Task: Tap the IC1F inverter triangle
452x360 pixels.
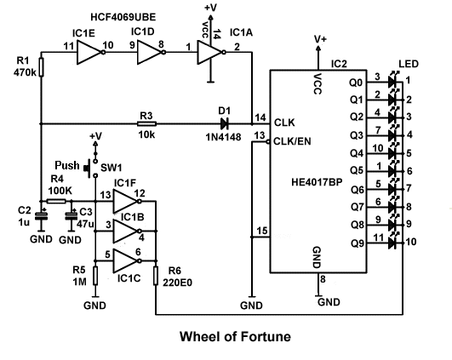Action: [x=127, y=201]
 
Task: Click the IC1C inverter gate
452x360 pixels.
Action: [x=127, y=258]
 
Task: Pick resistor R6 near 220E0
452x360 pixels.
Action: [x=156, y=273]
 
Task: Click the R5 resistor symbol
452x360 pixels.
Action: [x=95, y=273]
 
